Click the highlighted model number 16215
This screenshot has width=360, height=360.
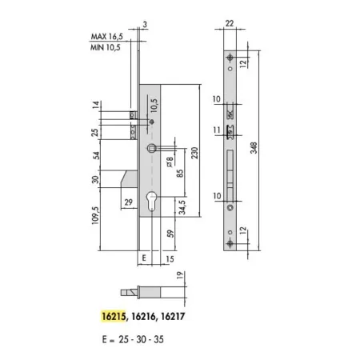[x=114, y=316]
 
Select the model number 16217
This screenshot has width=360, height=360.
[x=173, y=316]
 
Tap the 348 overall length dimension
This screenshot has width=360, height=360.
[x=254, y=148]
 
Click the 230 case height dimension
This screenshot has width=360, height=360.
[x=195, y=153]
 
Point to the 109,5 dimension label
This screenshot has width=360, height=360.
[x=95, y=215]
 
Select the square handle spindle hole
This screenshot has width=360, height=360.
[x=151, y=148]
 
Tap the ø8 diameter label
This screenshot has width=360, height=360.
[x=170, y=162]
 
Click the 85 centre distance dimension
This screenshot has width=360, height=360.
[x=180, y=174]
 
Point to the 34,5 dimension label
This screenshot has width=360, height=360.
[x=182, y=207]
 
